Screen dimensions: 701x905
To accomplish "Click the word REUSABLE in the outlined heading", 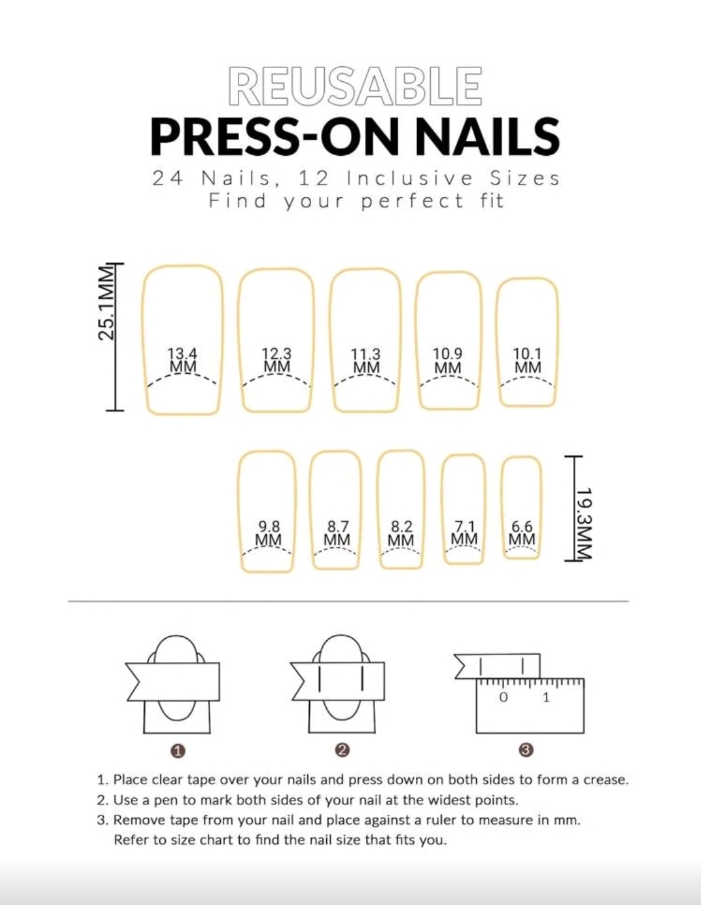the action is pos(355,86).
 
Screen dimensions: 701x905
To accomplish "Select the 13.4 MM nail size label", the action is pos(183,360).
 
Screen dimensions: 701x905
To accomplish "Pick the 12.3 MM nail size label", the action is pos(277,360).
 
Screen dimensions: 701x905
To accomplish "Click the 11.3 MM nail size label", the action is pos(366,361).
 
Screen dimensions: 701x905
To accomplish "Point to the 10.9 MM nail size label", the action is pos(448,361).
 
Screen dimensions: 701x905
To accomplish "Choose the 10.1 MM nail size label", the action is pos(527,361).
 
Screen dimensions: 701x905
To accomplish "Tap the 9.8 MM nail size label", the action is pos(268,534).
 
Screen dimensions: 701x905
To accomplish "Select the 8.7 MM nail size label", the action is pos(337,534).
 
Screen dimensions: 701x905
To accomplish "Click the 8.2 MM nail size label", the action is pos(401,534).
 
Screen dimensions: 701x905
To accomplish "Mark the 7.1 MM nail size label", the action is pos(464,532).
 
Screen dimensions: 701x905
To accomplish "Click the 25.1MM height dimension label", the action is pos(107,303).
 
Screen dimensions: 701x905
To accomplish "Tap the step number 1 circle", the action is pos(178,751).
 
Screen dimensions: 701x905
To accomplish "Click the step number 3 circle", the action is pos(526,750).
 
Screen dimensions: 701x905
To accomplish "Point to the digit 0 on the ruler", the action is pos(503,697).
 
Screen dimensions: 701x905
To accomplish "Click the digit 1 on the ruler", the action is pos(546,697).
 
